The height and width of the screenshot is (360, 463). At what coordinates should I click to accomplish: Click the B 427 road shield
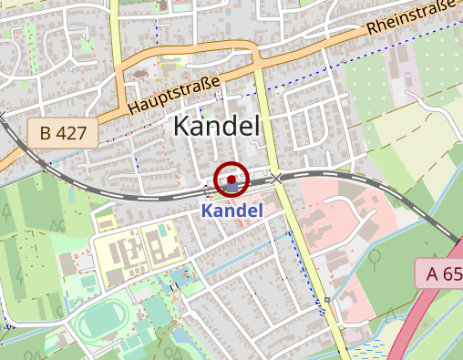click(62, 133)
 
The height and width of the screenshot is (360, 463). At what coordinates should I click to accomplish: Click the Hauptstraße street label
click(174, 96)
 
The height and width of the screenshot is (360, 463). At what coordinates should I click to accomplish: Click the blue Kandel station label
click(231, 211)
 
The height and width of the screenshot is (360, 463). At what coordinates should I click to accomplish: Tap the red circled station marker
click(231, 180)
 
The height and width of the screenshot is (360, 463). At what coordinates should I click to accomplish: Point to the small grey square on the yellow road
click(326, 299)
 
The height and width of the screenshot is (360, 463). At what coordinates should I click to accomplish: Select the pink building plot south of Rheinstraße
click(400, 64)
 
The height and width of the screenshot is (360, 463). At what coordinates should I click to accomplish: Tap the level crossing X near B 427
click(2, 117)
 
